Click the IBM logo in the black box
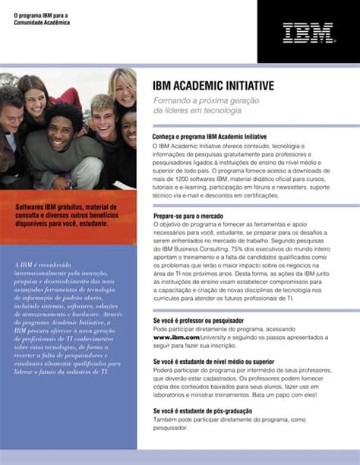[x=307, y=33]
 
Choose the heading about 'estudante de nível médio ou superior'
[x=213, y=362]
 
